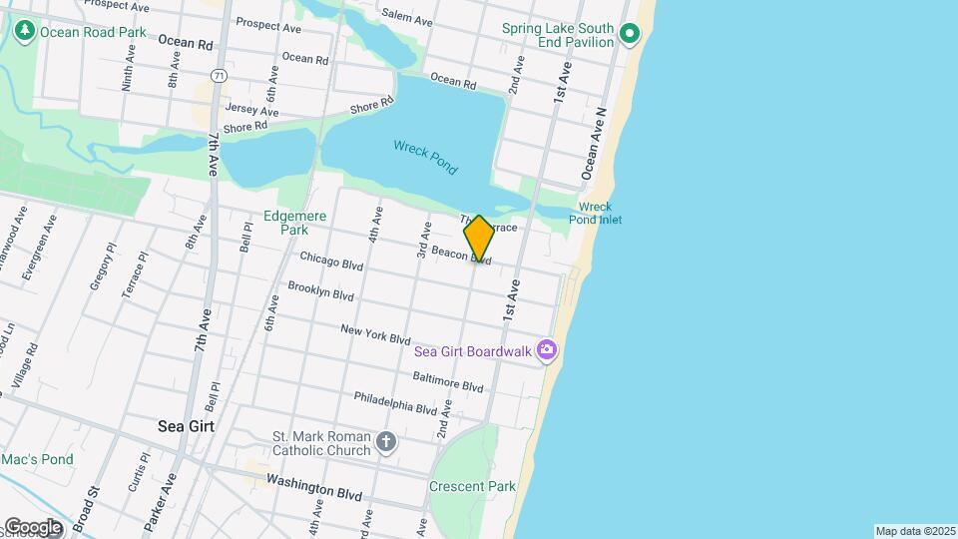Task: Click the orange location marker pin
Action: [479, 239]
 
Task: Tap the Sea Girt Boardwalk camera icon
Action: [546, 348]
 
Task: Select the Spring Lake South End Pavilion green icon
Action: [629, 35]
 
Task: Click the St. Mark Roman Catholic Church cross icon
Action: [386, 440]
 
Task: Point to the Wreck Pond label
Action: [425, 158]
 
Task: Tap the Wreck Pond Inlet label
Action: [596, 213]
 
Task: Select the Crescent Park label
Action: [472, 486]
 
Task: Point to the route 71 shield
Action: [219, 76]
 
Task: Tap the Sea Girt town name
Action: [186, 425]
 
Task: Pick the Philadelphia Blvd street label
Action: [395, 402]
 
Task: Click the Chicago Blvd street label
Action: [331, 261]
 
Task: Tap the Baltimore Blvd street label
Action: [448, 380]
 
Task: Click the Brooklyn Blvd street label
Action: [320, 290]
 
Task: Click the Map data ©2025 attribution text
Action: [915, 531]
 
